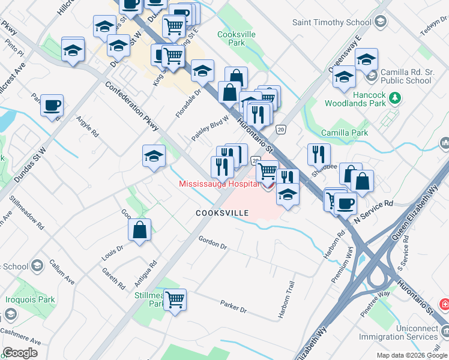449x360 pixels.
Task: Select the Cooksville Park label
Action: point(237,39)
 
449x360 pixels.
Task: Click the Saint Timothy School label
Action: point(331,23)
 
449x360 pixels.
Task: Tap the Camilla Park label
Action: point(344,132)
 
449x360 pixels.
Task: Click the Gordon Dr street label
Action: point(213,242)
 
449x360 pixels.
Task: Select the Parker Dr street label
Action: point(234,306)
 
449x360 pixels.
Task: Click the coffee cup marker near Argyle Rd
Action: point(52,106)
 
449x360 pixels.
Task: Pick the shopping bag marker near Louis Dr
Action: point(139,230)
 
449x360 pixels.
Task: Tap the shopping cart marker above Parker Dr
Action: point(175,299)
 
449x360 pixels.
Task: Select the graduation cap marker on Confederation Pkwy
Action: point(154,157)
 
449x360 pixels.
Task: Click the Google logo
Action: point(20,353)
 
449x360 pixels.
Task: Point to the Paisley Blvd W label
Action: point(210,126)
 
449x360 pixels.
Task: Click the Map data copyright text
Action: point(411,355)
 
